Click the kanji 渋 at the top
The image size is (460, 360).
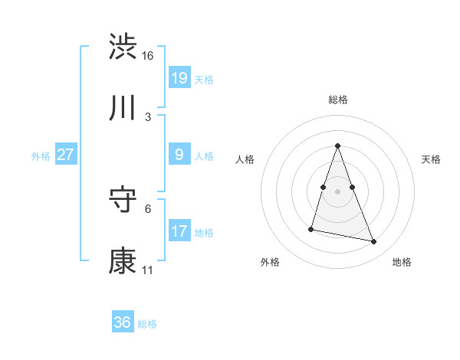tap(123, 47)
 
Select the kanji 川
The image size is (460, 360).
tap(123, 108)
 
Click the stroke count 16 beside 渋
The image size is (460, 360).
tap(148, 56)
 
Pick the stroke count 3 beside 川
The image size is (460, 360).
tap(148, 117)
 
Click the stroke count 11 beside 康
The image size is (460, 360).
tap(148, 270)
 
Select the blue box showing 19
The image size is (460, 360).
tap(179, 77)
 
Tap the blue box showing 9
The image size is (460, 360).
tap(179, 155)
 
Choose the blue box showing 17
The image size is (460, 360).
tap(179, 231)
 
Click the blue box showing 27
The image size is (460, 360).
tap(66, 155)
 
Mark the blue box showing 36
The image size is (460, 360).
tap(123, 322)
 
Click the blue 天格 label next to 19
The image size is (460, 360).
tap(204, 79)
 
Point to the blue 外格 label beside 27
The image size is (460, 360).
tap(41, 155)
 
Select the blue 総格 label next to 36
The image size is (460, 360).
tap(147, 324)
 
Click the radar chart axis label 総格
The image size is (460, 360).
tap(337, 100)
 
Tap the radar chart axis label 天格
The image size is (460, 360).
tap(432, 159)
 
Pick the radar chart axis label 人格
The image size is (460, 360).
tap(245, 159)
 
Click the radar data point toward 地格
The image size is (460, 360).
tap(374, 242)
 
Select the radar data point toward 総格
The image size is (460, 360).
tap(337, 146)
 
